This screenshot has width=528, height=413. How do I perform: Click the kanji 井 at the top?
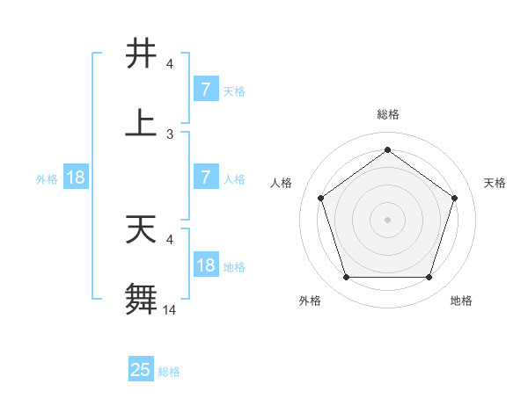(141, 53)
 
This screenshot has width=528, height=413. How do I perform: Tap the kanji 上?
(141, 123)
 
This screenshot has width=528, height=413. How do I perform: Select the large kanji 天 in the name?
(141, 228)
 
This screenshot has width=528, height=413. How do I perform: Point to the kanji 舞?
(141, 299)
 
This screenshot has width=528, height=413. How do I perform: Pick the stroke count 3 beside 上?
(170, 134)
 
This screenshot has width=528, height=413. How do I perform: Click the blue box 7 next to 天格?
(205, 90)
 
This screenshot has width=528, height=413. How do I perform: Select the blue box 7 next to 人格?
(205, 178)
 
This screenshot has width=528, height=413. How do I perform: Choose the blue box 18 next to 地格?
(205, 265)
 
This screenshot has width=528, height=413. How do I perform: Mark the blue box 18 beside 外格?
(76, 178)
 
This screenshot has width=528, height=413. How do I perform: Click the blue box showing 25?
(140, 370)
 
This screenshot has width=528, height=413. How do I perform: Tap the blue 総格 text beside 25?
(169, 372)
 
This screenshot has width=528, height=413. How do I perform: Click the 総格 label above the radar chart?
(387, 115)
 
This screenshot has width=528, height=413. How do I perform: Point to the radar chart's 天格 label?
(495, 183)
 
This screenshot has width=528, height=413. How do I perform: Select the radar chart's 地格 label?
(461, 301)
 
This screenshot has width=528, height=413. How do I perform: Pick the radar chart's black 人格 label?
(282, 183)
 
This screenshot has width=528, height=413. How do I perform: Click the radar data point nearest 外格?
(346, 278)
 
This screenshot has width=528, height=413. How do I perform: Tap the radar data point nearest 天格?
(455, 198)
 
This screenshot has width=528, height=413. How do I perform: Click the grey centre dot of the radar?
(387, 220)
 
